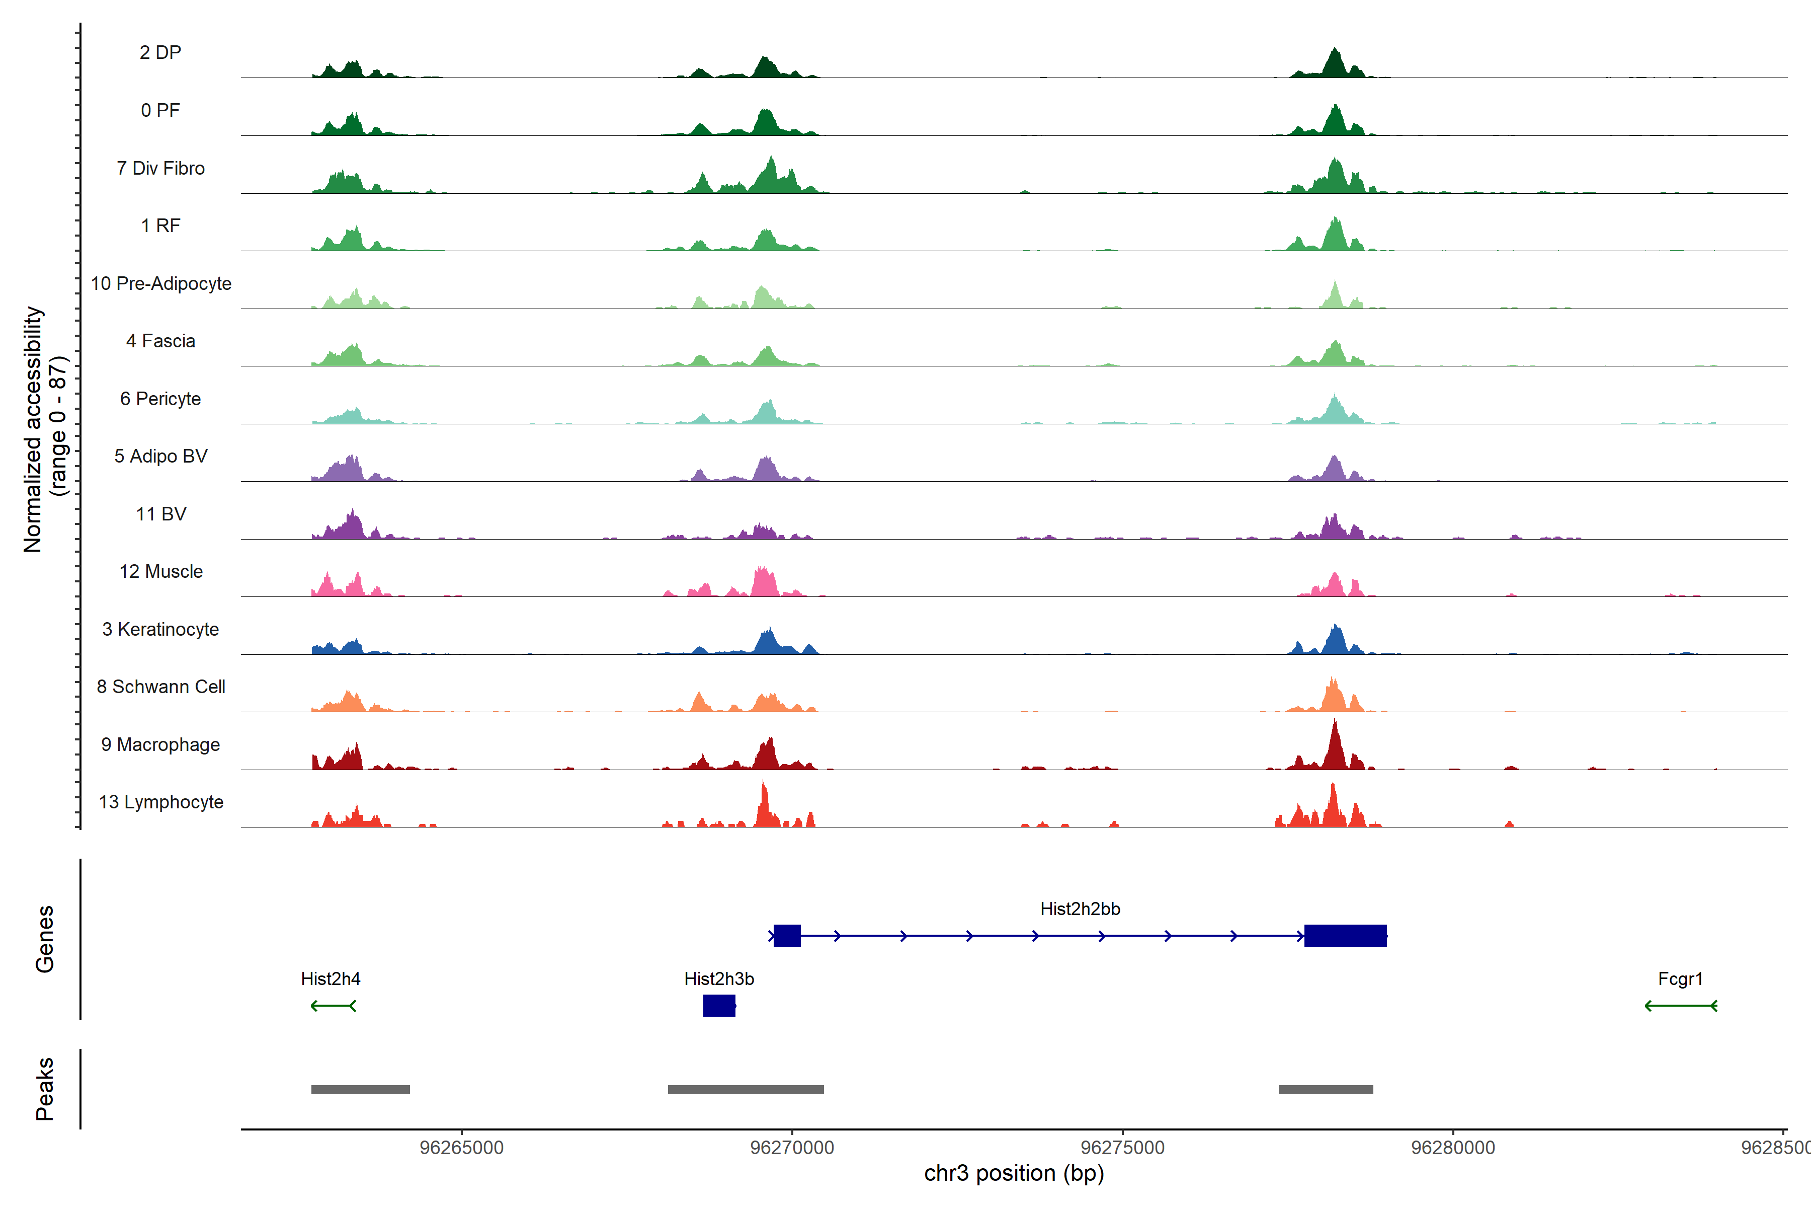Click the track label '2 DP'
160,52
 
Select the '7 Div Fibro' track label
160,168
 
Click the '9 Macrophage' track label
160,744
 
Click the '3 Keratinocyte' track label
160,630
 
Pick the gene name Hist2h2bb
1080,909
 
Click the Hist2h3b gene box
718,1005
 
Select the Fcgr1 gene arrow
1680,1005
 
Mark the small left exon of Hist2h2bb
786,935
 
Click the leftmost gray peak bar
360,1089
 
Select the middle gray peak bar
746,1089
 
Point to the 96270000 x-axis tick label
791,1148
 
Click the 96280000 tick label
1452,1148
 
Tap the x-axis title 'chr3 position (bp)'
1013,1173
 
